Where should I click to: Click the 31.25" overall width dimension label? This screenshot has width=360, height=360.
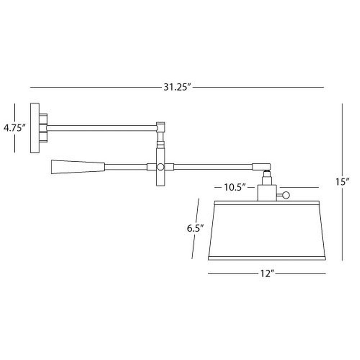point(177,87)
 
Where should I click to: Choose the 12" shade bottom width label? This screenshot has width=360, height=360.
point(267,274)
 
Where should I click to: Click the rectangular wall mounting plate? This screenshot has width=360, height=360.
point(35,128)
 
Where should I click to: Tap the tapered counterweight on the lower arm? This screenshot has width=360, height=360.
point(78,167)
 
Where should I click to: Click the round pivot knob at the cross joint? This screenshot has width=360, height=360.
point(161,167)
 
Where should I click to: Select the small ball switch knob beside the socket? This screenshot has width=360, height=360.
point(286,195)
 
